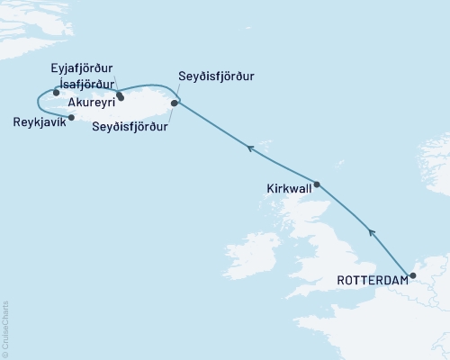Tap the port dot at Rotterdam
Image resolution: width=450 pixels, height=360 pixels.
click(412, 276)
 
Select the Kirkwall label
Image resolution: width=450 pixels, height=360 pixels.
click(289, 191)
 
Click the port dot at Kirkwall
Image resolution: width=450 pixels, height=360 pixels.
click(316, 184)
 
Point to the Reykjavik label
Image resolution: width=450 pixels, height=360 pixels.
click(36, 120)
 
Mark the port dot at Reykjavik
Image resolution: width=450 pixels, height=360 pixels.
click(71, 116)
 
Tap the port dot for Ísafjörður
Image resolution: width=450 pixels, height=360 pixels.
click(56, 92)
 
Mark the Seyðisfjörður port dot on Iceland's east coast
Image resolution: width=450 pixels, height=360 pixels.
click(175, 103)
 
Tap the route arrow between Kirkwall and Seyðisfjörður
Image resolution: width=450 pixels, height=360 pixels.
click(251, 148)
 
